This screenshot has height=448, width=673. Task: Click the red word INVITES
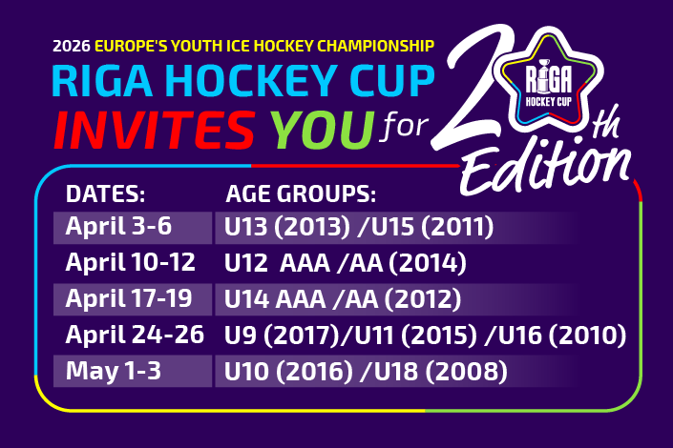pyautogui.click(x=155, y=130)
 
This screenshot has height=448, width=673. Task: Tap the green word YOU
pyautogui.click(x=323, y=130)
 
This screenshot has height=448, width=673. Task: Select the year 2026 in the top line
pyautogui.click(x=72, y=46)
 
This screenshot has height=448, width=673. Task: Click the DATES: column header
pyautogui.click(x=106, y=193)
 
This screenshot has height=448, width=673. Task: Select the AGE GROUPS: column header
pyautogui.click(x=301, y=193)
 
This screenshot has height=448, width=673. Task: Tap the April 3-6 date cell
pyautogui.click(x=118, y=226)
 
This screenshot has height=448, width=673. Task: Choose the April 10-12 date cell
pyautogui.click(x=131, y=262)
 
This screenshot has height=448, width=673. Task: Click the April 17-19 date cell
pyautogui.click(x=129, y=298)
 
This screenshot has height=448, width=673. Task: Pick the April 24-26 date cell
pyautogui.click(x=135, y=335)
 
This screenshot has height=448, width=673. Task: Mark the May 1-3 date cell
pyautogui.click(x=114, y=371)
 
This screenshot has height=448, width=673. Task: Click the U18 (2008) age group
pyautogui.click(x=441, y=371)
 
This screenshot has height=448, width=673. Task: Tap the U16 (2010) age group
pyautogui.click(x=562, y=335)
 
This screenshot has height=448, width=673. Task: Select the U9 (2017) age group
pyautogui.click(x=282, y=335)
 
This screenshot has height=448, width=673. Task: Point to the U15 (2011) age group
pyautogui.click(x=432, y=227)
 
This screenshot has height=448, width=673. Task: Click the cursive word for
pyautogui.click(x=404, y=127)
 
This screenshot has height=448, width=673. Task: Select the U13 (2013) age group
pyautogui.click(x=287, y=227)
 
